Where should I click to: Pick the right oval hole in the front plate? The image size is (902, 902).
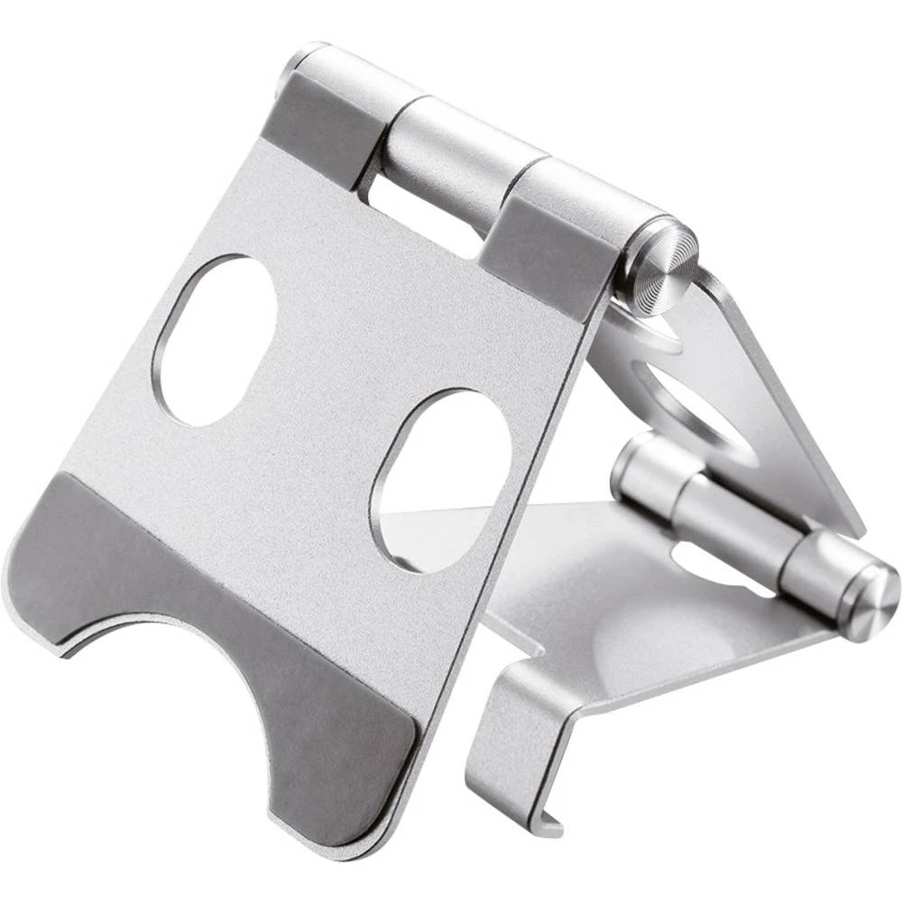(x=442, y=478)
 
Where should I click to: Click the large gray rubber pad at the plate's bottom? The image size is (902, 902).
(x=225, y=631)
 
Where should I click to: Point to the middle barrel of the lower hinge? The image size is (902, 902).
(x=722, y=523)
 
